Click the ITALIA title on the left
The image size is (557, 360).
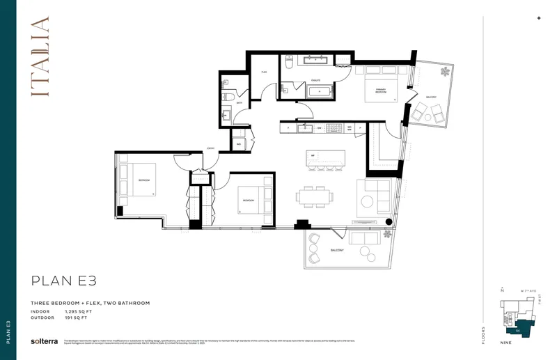(x=40, y=56)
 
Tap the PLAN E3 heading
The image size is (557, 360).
(x=63, y=281)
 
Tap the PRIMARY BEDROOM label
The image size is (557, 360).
(x=381, y=91)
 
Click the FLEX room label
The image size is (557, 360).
(x=265, y=72)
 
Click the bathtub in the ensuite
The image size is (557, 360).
(x=319, y=91)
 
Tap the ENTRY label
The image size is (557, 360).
(x=211, y=148)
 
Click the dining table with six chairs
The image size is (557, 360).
(x=312, y=196)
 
